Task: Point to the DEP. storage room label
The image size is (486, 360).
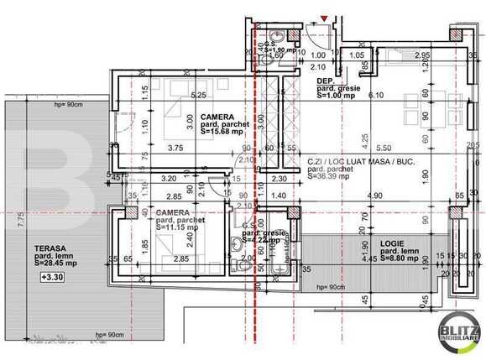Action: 325,81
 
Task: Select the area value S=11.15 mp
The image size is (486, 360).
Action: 175,228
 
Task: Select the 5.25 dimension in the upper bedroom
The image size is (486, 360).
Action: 198,95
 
